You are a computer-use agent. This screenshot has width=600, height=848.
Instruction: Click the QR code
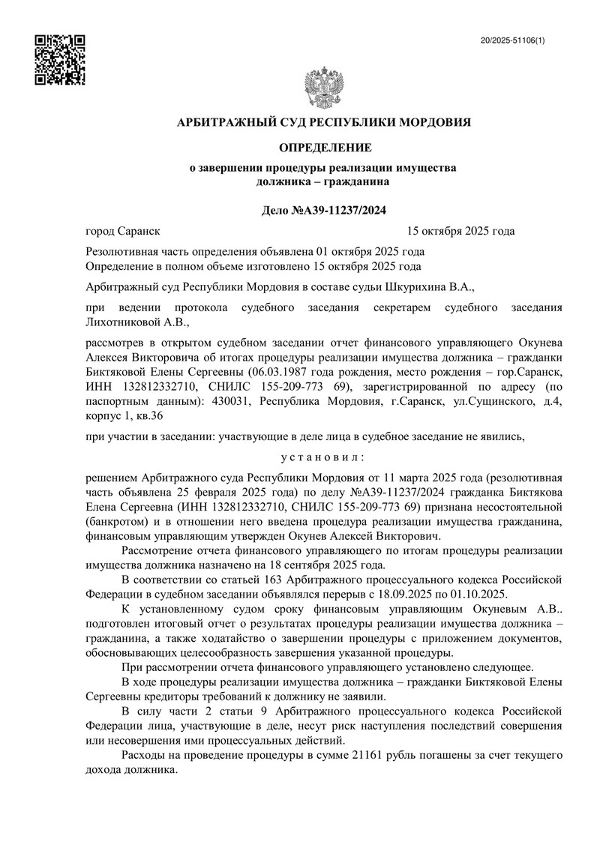61,59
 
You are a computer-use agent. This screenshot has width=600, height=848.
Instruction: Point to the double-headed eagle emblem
322,87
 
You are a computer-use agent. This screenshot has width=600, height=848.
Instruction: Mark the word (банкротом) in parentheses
117,520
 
